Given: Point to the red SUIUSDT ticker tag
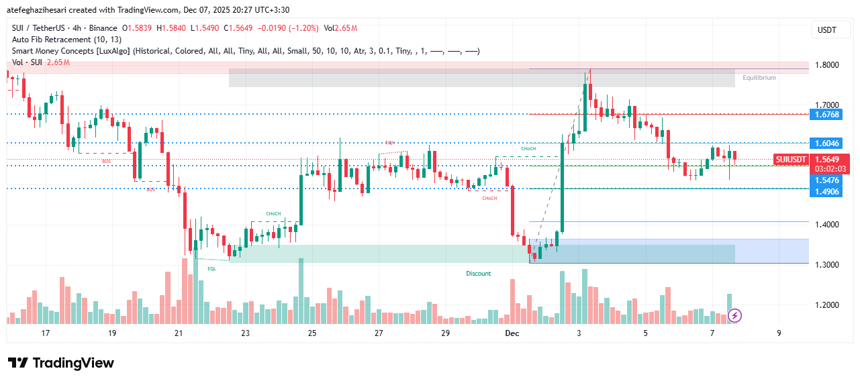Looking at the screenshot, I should [x=790, y=160].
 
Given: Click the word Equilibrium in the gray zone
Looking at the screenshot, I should [x=759, y=78].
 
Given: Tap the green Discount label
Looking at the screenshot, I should [x=479, y=274].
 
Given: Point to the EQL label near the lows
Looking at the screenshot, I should [x=211, y=268].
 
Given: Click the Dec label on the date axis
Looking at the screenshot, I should [x=512, y=333].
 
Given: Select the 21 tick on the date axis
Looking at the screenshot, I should [x=179, y=333].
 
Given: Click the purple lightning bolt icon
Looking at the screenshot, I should [x=735, y=315].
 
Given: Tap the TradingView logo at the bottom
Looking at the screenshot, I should [x=61, y=363].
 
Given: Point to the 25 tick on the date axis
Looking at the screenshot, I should [x=312, y=333].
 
